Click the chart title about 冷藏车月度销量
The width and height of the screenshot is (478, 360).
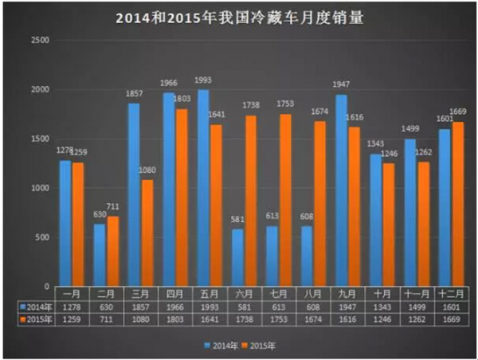(x=239, y=17)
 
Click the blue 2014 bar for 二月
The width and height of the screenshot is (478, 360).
(x=100, y=255)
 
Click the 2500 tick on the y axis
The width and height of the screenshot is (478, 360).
(x=39, y=40)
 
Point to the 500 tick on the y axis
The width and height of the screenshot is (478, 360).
(x=41, y=237)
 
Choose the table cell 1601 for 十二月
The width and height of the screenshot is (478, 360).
(x=448, y=305)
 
